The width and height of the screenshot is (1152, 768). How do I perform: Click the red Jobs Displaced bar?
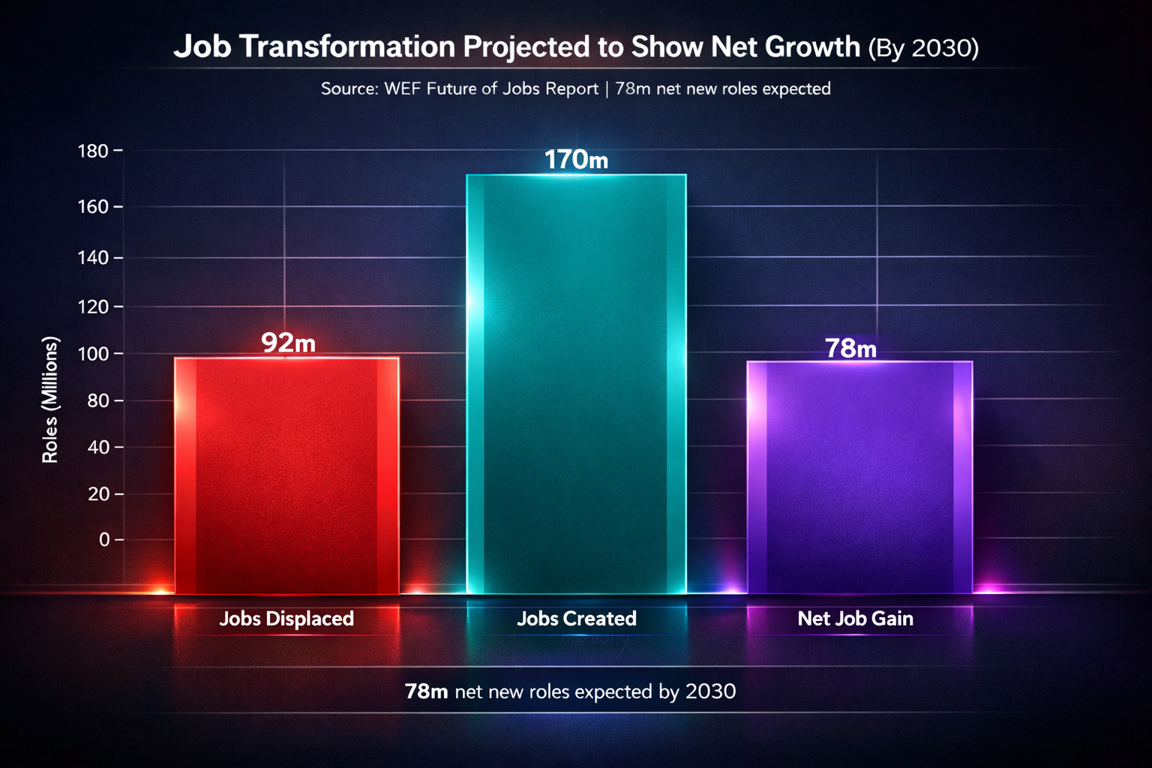click(x=286, y=475)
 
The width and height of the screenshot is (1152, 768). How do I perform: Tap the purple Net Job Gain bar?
click(x=859, y=477)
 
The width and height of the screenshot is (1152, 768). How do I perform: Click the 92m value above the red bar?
click(x=288, y=343)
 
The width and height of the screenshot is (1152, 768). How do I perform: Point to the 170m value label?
click(x=576, y=160)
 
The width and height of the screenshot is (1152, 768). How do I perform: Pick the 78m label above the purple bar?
click(x=850, y=348)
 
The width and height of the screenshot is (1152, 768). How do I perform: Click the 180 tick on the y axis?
click(x=94, y=151)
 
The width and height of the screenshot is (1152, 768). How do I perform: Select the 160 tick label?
click(x=94, y=207)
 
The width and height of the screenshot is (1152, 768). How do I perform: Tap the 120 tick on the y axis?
click(x=94, y=307)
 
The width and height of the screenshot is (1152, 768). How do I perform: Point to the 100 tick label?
click(x=94, y=353)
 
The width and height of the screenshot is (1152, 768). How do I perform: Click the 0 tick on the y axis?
click(x=104, y=540)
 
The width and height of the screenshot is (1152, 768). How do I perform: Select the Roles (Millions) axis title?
click(x=50, y=400)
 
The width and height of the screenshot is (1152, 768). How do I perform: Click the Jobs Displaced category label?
click(x=286, y=619)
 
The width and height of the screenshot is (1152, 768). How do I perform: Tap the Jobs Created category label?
click(x=576, y=619)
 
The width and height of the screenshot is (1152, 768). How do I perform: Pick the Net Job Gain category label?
click(x=855, y=619)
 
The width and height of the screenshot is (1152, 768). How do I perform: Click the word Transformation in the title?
click(x=346, y=47)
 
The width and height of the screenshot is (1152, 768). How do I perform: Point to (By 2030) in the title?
click(x=922, y=48)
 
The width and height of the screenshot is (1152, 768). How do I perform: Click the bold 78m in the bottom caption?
click(x=426, y=691)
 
